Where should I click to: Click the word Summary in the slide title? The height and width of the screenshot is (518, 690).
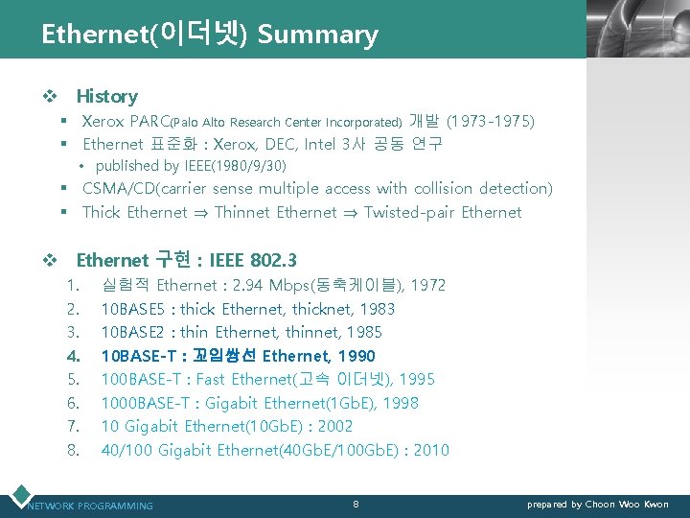[318, 35]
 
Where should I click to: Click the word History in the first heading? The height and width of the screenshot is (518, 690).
[106, 96]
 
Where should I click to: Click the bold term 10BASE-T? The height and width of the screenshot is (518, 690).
[136, 356]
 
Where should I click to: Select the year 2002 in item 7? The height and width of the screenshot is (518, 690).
[335, 426]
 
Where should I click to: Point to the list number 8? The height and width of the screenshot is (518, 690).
[73, 450]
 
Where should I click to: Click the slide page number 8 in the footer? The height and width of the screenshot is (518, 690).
[356, 504]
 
